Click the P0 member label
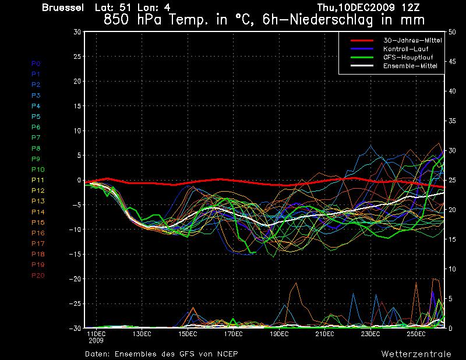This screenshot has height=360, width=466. pos(36,63)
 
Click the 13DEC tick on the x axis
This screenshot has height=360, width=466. pos(142,334)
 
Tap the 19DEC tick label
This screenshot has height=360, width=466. pos(278,334)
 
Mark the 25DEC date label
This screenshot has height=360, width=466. pos(416,334)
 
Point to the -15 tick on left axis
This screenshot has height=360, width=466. pos(75,255)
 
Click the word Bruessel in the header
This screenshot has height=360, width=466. pos(62,8)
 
